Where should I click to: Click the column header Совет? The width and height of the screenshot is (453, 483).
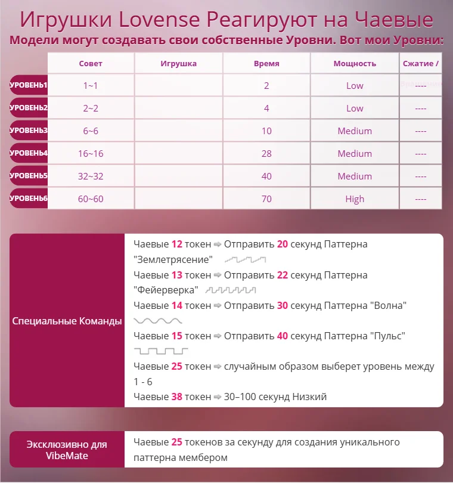tap(91, 63)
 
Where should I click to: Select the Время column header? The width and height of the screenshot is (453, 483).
tap(266, 63)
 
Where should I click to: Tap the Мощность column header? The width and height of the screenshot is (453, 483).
tap(355, 63)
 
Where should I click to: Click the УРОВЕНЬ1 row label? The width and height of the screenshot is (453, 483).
tap(29, 85)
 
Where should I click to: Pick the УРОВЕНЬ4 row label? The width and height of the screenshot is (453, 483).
tap(29, 153)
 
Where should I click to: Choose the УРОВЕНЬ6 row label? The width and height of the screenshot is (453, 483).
tap(29, 199)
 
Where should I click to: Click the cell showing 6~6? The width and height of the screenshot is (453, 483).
tap(91, 131)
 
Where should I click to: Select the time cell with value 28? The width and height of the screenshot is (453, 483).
tap(266, 153)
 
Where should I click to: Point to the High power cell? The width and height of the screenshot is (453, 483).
tap(355, 199)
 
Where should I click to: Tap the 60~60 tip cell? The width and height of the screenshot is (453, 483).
tap(91, 199)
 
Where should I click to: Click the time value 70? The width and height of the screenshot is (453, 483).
tap(266, 199)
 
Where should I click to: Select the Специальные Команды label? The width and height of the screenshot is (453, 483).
tap(67, 321)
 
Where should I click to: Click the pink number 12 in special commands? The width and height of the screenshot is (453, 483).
tap(177, 244)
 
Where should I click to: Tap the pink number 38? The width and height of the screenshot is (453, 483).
tap(177, 397)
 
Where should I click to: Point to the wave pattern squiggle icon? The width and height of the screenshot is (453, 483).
tap(158, 321)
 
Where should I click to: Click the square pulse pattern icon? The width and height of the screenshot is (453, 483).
tap(161, 351)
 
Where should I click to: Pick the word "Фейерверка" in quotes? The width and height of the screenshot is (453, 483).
tap(167, 290)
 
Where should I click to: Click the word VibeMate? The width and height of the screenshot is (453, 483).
tap(67, 456)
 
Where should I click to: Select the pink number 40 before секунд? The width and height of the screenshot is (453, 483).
tap(283, 336)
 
